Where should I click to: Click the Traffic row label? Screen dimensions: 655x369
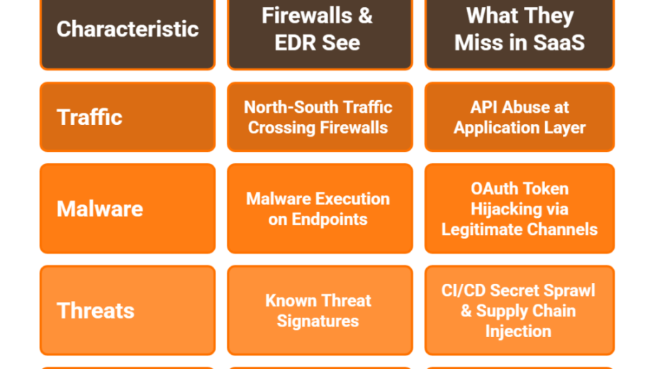[x=128, y=116]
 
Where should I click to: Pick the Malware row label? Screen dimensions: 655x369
[x=128, y=209]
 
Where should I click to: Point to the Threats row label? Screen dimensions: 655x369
[x=128, y=310]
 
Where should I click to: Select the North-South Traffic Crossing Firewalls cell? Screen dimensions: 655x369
[x=320, y=116]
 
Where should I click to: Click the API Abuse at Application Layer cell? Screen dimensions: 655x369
[x=519, y=116]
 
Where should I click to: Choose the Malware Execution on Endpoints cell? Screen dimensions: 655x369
[x=320, y=209]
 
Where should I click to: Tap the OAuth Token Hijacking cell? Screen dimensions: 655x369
[x=519, y=209]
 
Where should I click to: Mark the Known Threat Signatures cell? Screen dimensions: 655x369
[x=320, y=310]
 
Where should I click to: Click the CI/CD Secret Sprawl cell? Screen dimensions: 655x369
[x=519, y=310]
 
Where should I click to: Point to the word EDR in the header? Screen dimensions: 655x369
[x=292, y=43]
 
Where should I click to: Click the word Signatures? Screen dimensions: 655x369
[x=318, y=321]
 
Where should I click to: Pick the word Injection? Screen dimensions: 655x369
[x=518, y=331]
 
